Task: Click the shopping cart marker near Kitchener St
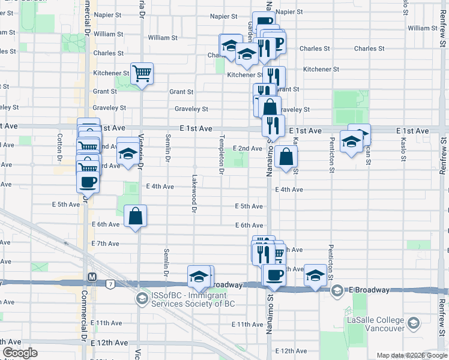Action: point(142,74)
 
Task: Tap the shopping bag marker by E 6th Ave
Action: point(136,217)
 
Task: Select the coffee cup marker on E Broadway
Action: point(274,275)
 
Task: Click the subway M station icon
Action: point(92,277)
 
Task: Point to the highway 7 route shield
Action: point(110,283)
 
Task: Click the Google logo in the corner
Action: point(20,353)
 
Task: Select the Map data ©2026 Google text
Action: point(412,355)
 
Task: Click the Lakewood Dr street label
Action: point(194,193)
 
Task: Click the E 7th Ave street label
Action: point(106,244)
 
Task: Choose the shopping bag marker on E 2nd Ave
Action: point(288,157)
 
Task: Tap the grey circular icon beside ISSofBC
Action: point(142,299)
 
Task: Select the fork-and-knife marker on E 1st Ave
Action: point(273,126)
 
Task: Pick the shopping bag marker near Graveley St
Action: point(271,108)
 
